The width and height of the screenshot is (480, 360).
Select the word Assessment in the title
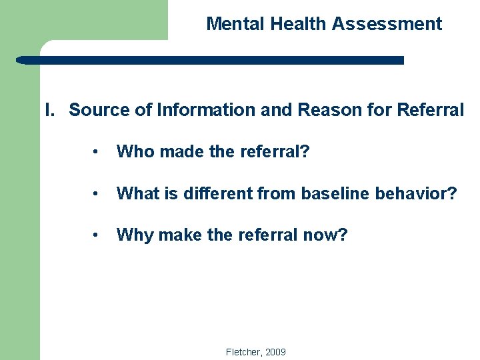click(387, 24)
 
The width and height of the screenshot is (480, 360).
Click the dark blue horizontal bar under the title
click(210, 60)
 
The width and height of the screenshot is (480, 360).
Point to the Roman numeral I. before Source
click(50, 110)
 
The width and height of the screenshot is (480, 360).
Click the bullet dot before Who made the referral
click(97, 152)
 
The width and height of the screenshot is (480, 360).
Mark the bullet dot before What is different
click(97, 194)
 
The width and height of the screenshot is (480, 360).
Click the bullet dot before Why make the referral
click(97, 235)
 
